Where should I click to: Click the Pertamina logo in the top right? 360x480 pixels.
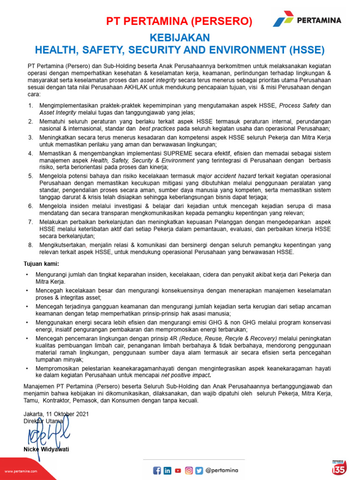click(307, 21)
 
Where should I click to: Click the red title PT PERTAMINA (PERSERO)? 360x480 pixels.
click(179, 21)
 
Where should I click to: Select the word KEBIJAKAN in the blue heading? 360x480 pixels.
click(180, 37)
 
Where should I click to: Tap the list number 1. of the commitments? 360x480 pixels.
click(30, 105)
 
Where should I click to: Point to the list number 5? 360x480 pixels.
click(30, 175)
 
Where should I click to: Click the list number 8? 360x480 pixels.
click(30, 245)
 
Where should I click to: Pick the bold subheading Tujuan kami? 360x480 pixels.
click(41, 264)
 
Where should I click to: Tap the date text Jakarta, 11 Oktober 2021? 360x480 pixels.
click(56, 414)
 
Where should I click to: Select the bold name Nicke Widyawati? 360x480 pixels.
click(46, 449)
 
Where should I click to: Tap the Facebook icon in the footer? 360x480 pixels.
click(157, 471)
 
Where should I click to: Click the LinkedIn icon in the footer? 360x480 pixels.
click(167, 471)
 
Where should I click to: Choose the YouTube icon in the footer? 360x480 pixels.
click(178, 471)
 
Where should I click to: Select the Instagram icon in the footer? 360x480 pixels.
click(189, 471)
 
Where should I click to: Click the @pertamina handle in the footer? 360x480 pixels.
click(222, 471)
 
